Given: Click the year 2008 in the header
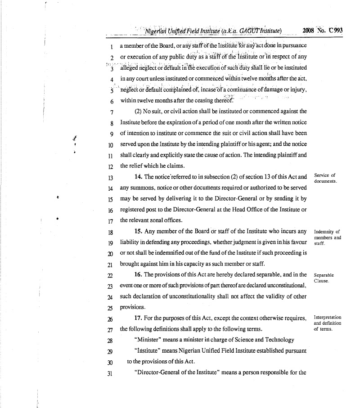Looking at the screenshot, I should coord(308,31).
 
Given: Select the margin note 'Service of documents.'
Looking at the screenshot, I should coord(325,178).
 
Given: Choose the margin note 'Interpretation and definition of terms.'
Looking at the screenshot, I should coord(327,323).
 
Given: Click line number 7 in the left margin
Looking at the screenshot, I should coord(111,112).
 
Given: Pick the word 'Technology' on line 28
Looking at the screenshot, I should coord(279,340).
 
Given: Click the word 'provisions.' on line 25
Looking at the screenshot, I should coord(132,307).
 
